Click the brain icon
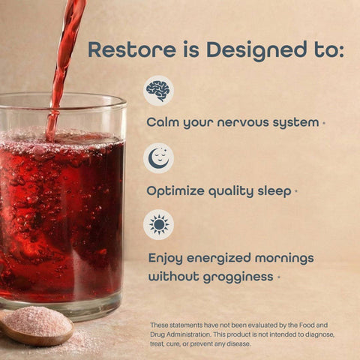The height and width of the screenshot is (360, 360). click(x=157, y=91)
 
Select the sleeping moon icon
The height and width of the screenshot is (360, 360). click(x=158, y=157)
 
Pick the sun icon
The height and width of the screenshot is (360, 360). click(x=158, y=224)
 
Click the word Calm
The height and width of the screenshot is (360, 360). click(x=163, y=121)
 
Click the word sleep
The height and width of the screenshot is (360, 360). click(x=271, y=191)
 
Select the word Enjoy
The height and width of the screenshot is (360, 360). click(x=166, y=258)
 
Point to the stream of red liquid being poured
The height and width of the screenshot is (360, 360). click(x=66, y=52)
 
